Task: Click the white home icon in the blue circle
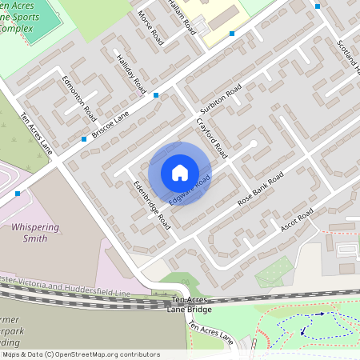180,173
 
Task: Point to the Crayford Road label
212,138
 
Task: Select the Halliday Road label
130,73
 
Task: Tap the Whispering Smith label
35,232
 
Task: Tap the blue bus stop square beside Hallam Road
232,34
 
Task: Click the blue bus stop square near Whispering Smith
18,194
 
